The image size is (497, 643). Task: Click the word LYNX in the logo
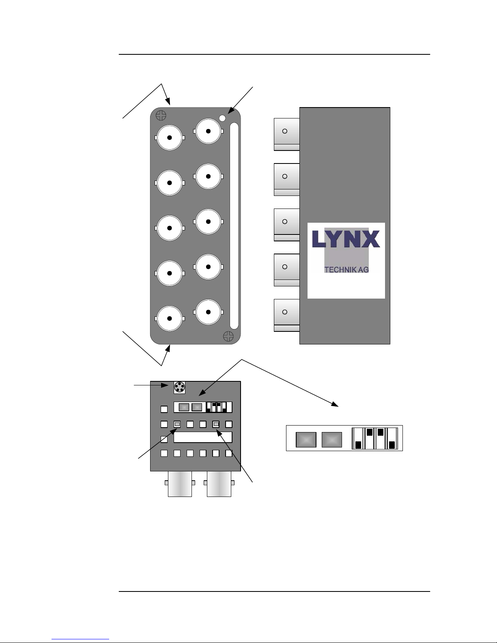[x=346, y=239]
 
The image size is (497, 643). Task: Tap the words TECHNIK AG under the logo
[x=346, y=269]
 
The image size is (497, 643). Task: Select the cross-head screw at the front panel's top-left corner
[x=161, y=115]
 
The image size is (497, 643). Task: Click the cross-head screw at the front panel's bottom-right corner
[x=228, y=336]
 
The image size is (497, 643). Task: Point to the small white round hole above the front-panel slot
[x=222, y=118]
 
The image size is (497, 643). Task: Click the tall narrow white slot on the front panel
[x=234, y=226]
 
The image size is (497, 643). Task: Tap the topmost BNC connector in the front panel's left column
[x=170, y=138]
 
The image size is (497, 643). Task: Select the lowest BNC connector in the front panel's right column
[x=208, y=312]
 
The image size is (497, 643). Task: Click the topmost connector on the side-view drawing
[x=287, y=134]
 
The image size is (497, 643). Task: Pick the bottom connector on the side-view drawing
[x=287, y=315]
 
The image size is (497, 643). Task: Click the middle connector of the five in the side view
[x=287, y=225]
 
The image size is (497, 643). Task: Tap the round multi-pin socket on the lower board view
[x=180, y=387]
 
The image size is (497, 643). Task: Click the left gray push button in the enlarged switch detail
[x=306, y=440]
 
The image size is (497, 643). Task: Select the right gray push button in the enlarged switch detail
[x=331, y=440]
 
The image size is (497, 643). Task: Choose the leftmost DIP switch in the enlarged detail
[x=358, y=438]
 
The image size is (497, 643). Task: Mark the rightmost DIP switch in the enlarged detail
[x=392, y=438]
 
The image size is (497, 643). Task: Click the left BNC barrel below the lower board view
[x=180, y=484]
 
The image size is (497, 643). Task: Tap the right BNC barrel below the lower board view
[x=219, y=484]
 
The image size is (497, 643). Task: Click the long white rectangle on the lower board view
[x=202, y=437]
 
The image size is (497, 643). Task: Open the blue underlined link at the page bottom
[x=80, y=639]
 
